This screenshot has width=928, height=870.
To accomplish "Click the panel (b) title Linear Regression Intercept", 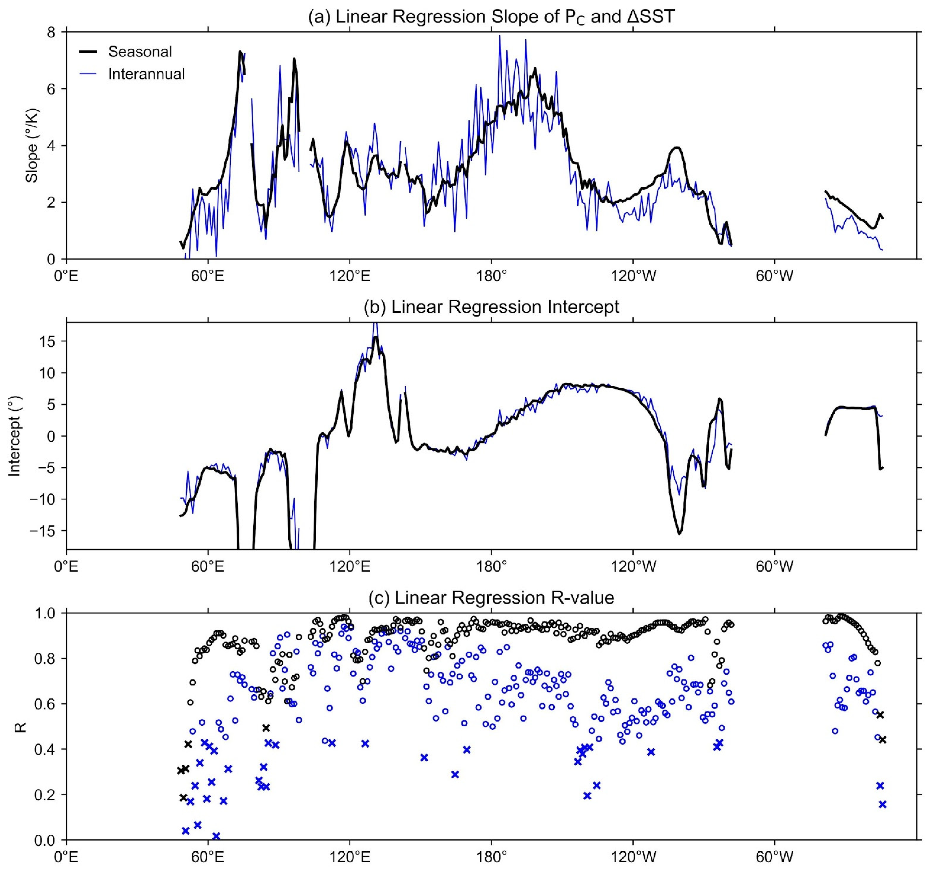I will pos(491,307).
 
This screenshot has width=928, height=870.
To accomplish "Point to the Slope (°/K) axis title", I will pos(32,146).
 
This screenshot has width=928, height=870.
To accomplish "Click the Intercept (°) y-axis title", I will pos(15,436).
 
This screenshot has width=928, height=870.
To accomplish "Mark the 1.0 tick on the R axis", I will pos(46,612).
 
